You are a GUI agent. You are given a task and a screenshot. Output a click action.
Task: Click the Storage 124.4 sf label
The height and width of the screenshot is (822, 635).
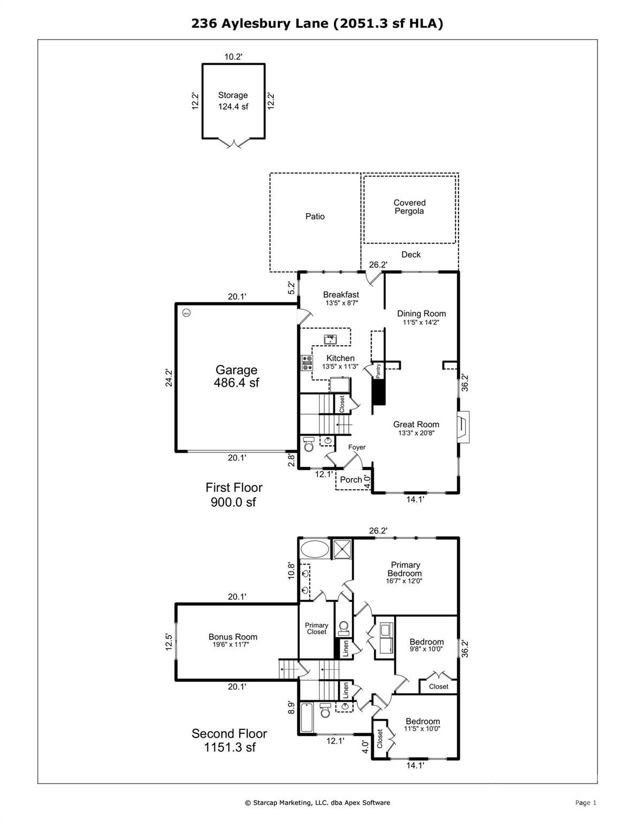pos(233,101)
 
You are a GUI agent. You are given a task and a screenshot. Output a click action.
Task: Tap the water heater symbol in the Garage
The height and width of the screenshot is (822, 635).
pos(186,313)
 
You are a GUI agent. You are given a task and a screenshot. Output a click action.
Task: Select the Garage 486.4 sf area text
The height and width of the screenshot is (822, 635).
pos(236,376)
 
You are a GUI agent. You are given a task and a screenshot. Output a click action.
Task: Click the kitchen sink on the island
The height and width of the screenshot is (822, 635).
pos(331,339)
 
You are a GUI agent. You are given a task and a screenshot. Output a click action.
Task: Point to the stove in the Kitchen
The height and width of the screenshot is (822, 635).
pos(308,363)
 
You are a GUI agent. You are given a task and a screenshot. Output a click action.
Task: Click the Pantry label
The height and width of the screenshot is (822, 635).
pos(378,370)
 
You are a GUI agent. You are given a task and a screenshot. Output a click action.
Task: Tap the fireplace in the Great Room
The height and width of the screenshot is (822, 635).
pos(463,427)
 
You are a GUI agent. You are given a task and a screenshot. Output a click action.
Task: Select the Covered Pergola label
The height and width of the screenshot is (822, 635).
pos(409,207)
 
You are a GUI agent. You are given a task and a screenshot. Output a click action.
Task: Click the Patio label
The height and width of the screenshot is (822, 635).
pos(315,216)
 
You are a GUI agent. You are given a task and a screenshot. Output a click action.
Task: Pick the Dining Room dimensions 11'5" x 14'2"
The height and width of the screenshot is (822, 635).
pos(421,323)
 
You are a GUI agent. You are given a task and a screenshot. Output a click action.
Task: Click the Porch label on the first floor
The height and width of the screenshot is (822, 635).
pos(351,479)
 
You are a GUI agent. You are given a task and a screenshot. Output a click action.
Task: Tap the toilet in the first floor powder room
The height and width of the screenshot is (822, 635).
pos(309,444)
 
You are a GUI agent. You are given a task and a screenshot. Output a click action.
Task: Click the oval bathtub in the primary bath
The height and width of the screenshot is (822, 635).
pos(315,549)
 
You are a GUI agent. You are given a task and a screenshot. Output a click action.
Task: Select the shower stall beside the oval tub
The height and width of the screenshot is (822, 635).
pos(342,549)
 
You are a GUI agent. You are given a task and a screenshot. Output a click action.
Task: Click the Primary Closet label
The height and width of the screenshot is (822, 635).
pos(316,628)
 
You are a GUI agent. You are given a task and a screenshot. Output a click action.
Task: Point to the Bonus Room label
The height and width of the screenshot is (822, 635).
pos(233,637)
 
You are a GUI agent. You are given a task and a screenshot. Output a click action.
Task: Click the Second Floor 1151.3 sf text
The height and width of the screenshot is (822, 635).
pos(229,740)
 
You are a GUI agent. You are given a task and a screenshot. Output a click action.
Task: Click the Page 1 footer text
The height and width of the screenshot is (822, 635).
pos(585,802)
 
